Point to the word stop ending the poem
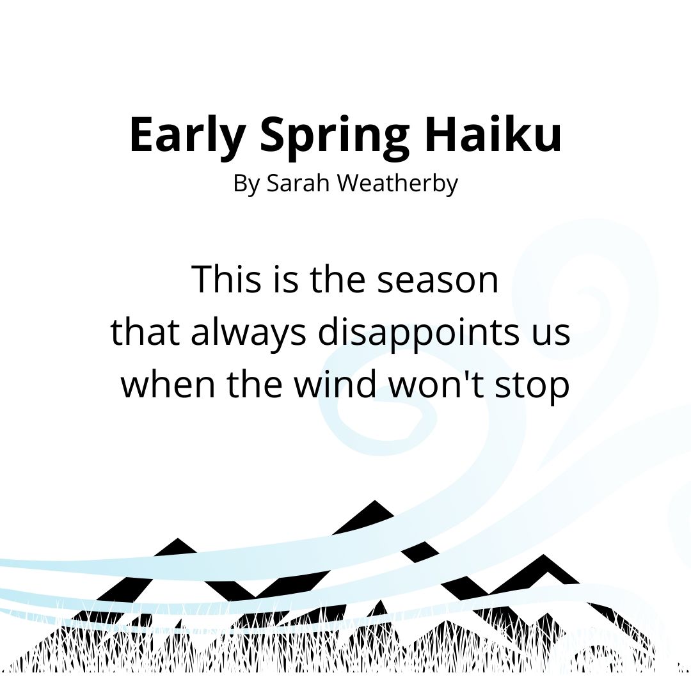[x=537, y=386]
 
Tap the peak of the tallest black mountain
[x=374, y=502]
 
